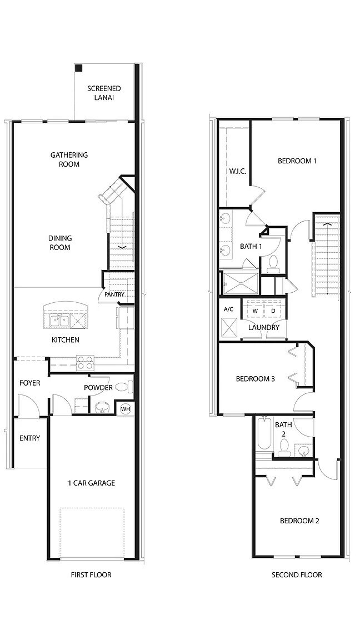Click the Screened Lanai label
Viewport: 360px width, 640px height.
click(x=104, y=93)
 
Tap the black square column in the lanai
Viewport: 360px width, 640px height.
click(x=79, y=68)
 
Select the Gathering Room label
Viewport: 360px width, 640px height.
click(x=69, y=159)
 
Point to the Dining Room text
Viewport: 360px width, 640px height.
click(x=60, y=243)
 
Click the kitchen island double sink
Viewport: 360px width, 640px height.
click(x=58, y=321)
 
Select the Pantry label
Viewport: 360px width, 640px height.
click(x=113, y=295)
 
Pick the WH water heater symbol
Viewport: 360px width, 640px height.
click(x=125, y=409)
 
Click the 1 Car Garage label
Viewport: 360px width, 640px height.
click(x=91, y=483)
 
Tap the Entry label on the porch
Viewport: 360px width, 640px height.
click(x=29, y=438)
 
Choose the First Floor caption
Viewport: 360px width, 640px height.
click(x=91, y=575)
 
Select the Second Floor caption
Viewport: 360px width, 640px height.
click(x=296, y=575)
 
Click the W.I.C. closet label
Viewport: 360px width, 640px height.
click(x=237, y=171)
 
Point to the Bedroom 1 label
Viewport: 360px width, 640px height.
click(x=297, y=161)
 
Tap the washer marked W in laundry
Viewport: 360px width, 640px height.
click(x=255, y=311)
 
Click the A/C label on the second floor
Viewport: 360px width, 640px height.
click(x=228, y=309)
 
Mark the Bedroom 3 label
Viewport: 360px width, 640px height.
click(x=255, y=379)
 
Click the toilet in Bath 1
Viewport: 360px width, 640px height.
click(x=273, y=263)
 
